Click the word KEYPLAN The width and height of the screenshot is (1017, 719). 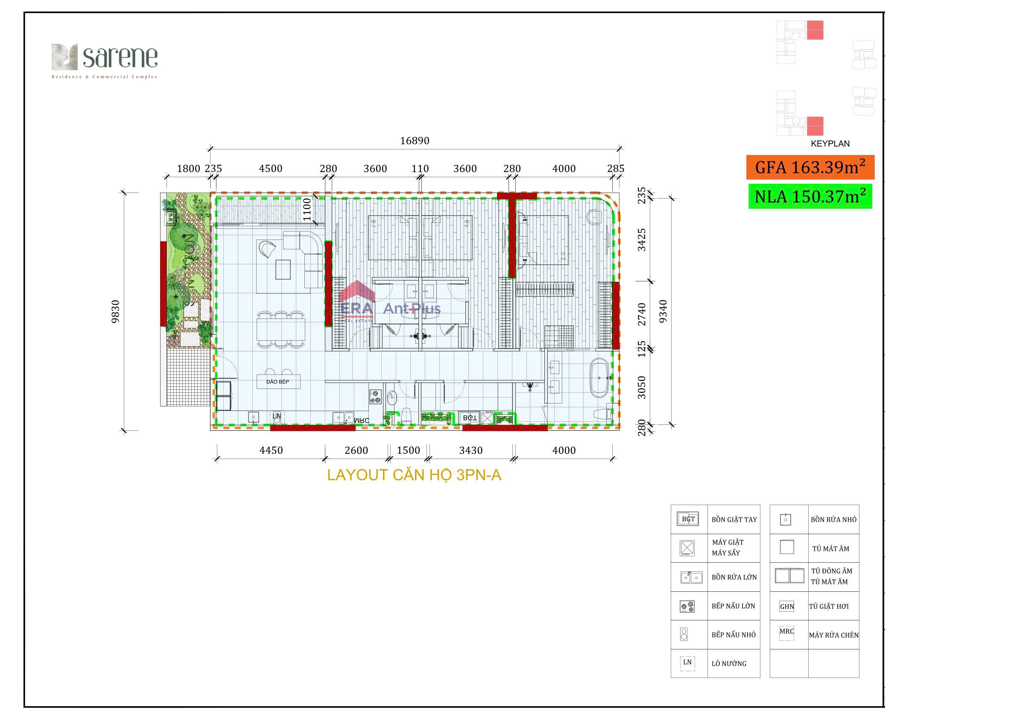pos(830,143)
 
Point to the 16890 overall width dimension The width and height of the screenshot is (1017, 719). pos(415,141)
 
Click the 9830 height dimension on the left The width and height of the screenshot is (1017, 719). pos(116,311)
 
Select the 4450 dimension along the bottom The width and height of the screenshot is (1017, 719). pos(271,450)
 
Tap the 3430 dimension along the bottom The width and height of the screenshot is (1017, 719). pos(471,450)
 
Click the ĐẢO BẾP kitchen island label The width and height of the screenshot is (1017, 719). pos(278,382)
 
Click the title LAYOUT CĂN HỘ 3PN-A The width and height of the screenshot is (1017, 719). pos(414,475)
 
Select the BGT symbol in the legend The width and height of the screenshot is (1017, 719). pos(688,519)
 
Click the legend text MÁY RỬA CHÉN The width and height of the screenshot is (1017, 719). pos(833,635)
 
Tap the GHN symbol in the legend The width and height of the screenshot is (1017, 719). pos(787,606)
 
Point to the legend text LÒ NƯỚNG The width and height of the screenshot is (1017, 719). pos(729,663)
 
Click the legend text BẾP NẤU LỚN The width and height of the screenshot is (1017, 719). pos(733,606)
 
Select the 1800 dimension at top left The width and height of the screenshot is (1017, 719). pos(188,169)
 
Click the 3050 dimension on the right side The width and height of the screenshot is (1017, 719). pos(642,387)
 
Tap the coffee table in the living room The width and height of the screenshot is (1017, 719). pos(283,269)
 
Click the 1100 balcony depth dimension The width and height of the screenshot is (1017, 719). pos(307,210)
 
